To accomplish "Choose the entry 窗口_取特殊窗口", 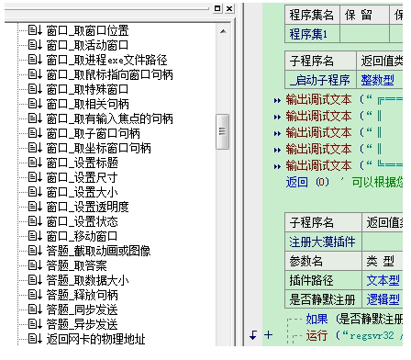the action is (87, 89).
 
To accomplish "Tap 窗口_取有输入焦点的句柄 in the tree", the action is (109, 118).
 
